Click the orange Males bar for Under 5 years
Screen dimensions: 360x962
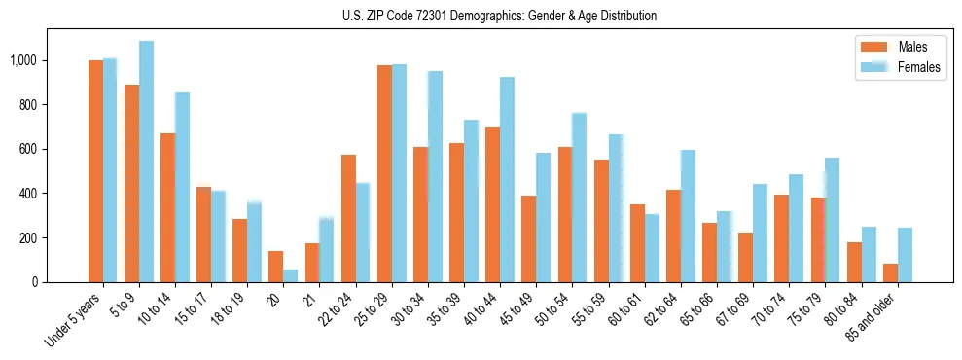(x=95, y=171)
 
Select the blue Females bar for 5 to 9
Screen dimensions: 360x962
(x=146, y=162)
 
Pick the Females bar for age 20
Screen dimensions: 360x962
(x=290, y=275)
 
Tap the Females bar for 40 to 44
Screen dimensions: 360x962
(x=507, y=179)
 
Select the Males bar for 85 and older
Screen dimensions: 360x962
(x=890, y=272)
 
